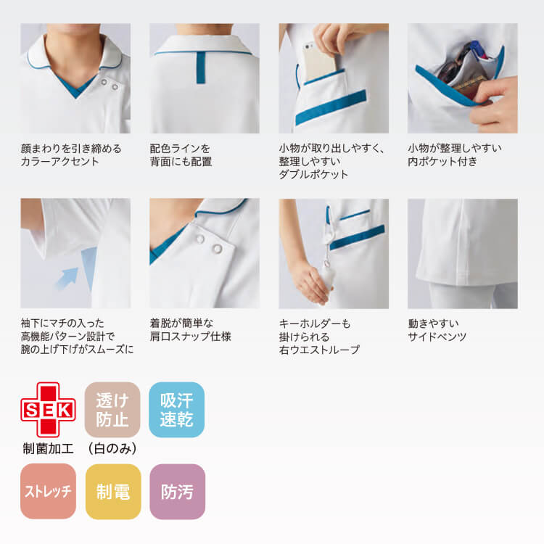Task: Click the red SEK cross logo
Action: [47, 410]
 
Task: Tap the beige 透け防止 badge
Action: [112, 410]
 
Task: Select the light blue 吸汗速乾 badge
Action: [176, 410]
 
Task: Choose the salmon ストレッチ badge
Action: [48, 492]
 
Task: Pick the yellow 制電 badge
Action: [112, 492]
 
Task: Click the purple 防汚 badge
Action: [177, 492]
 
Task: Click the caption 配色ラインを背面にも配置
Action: [181, 155]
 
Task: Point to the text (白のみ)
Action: [112, 448]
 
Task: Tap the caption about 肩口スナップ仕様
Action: [191, 330]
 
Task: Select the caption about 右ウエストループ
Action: [319, 337]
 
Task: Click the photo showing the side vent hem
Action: [463, 253]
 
